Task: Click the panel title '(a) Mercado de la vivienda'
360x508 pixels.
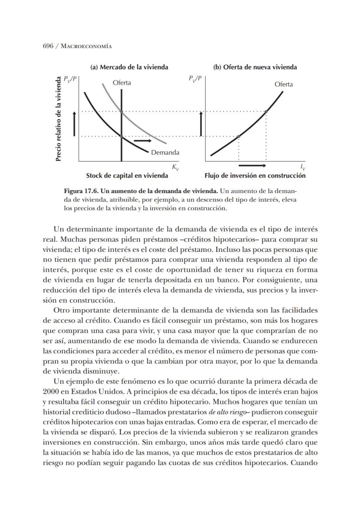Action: [x=129, y=67]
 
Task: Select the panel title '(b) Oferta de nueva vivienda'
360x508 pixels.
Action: [x=255, y=67]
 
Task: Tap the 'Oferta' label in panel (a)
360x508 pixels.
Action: [x=122, y=83]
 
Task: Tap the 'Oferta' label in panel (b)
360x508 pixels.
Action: [x=283, y=84]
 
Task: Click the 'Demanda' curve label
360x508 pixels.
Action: [x=165, y=153]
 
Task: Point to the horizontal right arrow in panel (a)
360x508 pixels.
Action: [x=143, y=141]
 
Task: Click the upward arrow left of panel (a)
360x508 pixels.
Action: [x=74, y=123]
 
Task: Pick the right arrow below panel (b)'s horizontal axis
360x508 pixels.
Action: [x=252, y=166]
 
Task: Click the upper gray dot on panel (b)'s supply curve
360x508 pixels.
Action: [x=266, y=111]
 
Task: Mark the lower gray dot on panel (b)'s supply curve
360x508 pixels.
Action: [x=238, y=137]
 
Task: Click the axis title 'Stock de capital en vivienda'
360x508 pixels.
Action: [x=127, y=176]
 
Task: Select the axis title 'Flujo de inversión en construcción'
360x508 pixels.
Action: [x=255, y=176]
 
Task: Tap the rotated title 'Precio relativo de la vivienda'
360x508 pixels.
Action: [x=58, y=119]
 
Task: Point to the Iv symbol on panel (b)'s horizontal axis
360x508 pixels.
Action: [x=303, y=167]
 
